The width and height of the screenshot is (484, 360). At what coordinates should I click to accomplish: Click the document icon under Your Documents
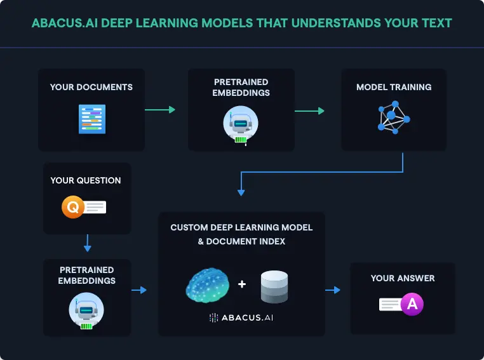[x=92, y=119]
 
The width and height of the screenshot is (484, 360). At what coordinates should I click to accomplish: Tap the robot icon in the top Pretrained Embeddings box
[x=241, y=123]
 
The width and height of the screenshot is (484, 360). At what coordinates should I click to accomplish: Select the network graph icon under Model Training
[x=394, y=117]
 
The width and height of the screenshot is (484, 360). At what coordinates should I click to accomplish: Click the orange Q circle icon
[x=72, y=207]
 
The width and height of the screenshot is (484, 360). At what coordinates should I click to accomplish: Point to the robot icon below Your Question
[x=86, y=311]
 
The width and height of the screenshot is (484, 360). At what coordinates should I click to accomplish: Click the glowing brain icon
[x=208, y=284]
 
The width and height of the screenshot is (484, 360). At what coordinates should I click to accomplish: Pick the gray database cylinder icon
[x=274, y=286]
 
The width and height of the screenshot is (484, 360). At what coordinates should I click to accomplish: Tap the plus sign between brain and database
[x=242, y=284]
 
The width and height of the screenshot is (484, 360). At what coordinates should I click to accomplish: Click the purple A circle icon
[x=412, y=305]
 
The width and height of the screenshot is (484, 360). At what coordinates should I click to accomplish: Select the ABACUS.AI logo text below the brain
[x=242, y=317]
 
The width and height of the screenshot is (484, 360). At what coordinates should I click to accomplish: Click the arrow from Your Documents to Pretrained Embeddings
[x=159, y=110]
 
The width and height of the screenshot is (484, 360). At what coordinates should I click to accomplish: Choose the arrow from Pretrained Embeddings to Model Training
[x=309, y=110]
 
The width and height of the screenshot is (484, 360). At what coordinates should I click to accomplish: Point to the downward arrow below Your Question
[x=88, y=244]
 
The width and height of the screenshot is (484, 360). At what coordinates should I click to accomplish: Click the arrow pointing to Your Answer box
[x=333, y=290]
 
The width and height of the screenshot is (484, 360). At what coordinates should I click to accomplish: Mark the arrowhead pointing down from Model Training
[x=241, y=191]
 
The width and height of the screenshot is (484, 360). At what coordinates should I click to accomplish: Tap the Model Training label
[x=394, y=87]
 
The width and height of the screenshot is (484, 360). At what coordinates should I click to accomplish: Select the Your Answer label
[x=403, y=278]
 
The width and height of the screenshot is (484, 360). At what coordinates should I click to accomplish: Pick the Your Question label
[x=86, y=180]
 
